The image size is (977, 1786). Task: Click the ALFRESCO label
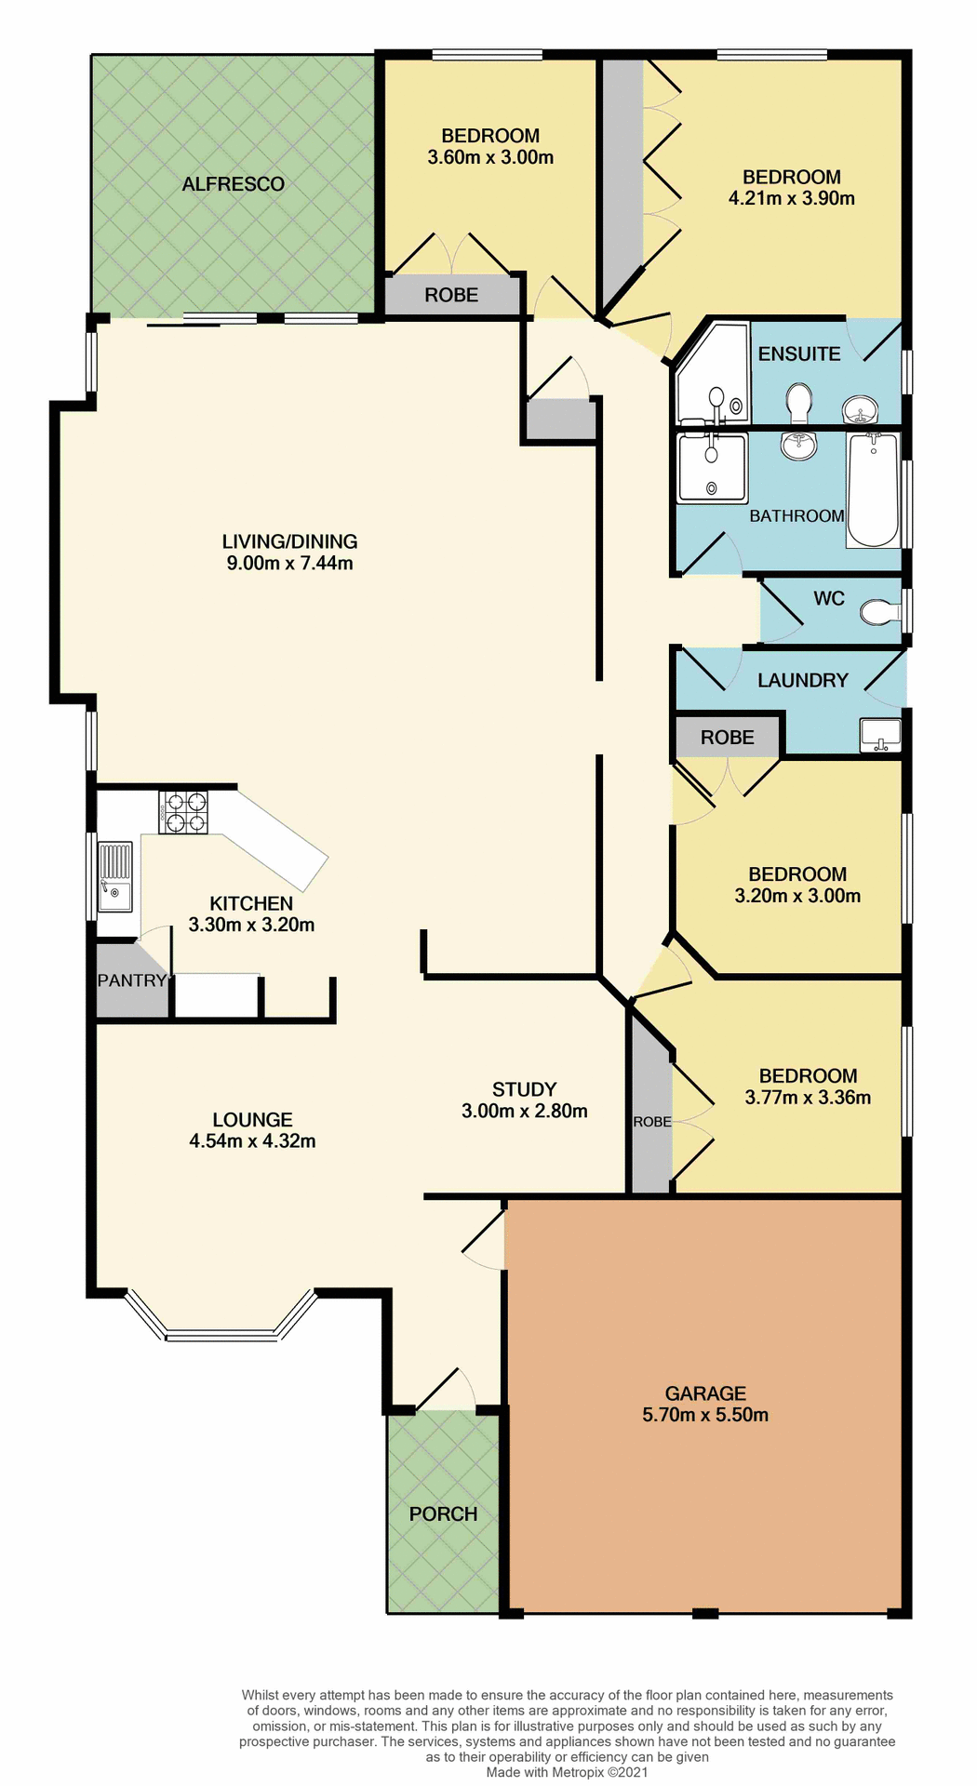click(233, 184)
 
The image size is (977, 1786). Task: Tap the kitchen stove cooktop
click(183, 812)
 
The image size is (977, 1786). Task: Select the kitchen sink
click(116, 876)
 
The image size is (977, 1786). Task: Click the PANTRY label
click(131, 980)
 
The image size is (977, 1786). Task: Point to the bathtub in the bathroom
click(873, 490)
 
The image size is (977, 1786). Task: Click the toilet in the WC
click(878, 612)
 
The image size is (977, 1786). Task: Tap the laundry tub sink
click(880, 734)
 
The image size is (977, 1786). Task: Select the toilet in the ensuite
click(798, 403)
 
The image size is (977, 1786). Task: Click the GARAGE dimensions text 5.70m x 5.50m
click(705, 1415)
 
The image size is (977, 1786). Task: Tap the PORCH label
click(443, 1513)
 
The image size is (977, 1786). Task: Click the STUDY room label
click(524, 1089)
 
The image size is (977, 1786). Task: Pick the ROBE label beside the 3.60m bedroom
click(451, 295)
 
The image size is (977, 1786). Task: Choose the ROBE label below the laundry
click(727, 738)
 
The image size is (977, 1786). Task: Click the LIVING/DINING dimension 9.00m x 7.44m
click(289, 563)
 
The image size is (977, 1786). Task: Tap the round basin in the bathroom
click(798, 446)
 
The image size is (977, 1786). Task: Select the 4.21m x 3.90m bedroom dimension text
click(791, 198)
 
